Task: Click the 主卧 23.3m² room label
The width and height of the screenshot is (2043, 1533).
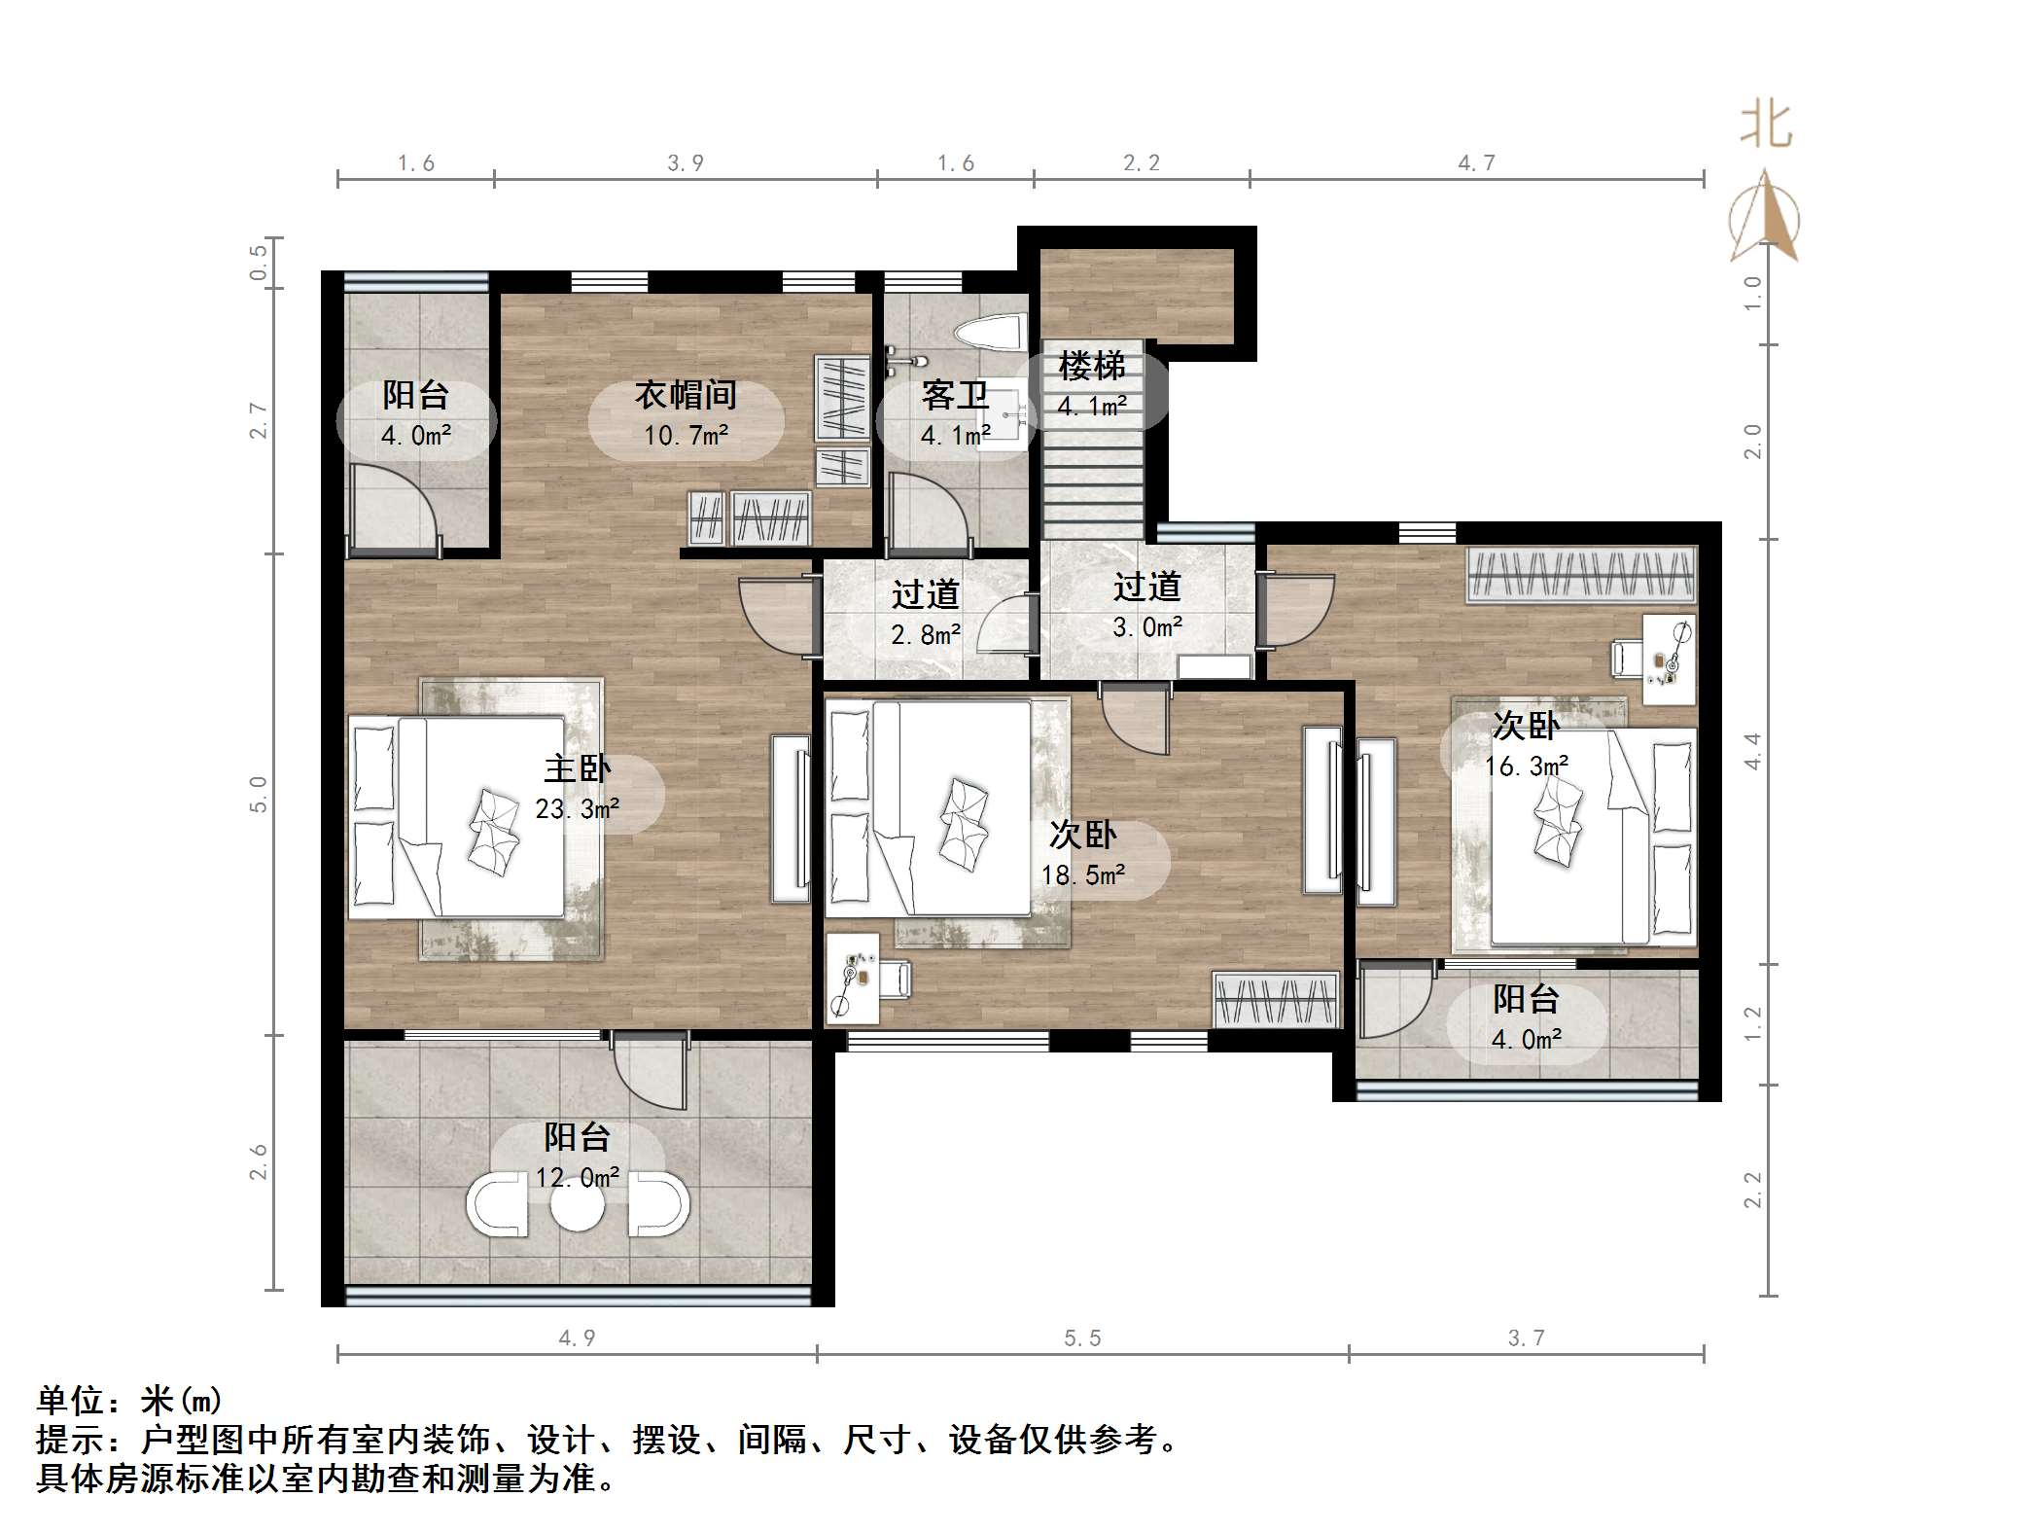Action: click(x=577, y=788)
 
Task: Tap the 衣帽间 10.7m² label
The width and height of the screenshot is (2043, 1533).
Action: click(x=686, y=414)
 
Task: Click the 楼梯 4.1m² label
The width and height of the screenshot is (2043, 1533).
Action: click(x=1092, y=385)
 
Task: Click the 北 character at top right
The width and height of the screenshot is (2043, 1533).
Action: click(x=1766, y=126)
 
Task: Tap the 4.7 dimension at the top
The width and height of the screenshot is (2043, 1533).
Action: click(x=1476, y=163)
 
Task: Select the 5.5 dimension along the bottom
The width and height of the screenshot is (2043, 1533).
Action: click(x=1082, y=1338)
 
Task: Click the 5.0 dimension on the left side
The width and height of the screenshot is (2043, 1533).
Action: click(x=258, y=794)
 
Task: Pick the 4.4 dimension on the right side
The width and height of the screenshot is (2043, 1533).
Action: click(x=1752, y=751)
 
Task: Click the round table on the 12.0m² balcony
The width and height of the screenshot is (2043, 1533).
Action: click(x=577, y=1207)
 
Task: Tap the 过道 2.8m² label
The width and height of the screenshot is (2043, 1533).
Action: click(x=925, y=613)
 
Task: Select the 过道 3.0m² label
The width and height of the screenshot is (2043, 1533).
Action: click(x=1146, y=606)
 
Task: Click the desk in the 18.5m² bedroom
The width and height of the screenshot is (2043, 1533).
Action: click(x=852, y=978)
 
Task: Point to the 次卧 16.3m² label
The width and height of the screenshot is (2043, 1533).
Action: click(x=1526, y=745)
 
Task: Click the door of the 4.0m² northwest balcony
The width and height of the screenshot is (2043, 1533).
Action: click(x=394, y=508)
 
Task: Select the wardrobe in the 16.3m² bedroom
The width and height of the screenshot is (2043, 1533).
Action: click(x=1580, y=575)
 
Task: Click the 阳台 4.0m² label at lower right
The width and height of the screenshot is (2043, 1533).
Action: click(x=1526, y=1018)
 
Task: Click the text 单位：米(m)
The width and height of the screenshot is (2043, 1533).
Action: click(x=129, y=1401)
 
